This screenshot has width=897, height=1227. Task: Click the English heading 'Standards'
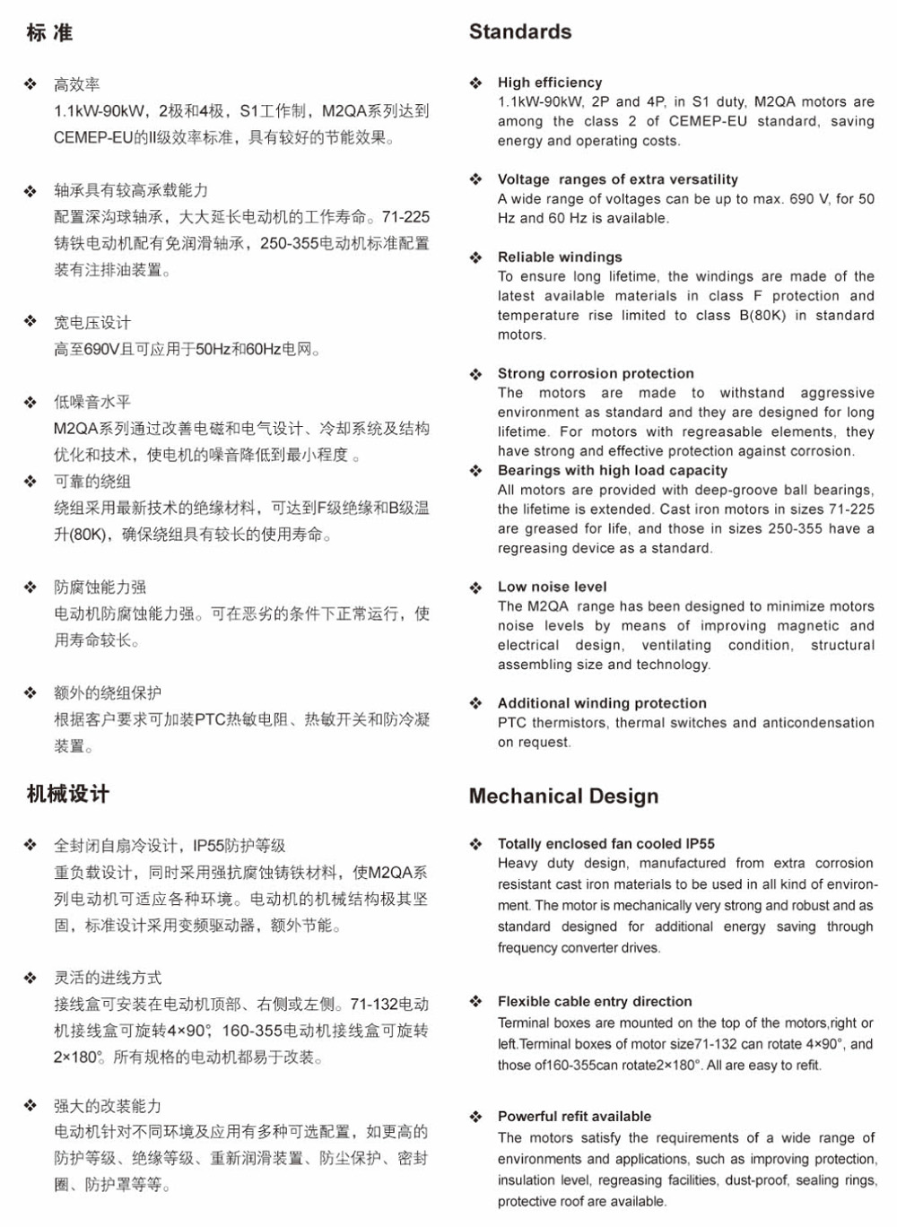(520, 32)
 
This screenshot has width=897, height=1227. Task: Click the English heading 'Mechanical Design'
(563, 796)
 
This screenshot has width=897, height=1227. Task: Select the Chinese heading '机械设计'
(68, 794)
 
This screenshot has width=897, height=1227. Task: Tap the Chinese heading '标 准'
(49, 33)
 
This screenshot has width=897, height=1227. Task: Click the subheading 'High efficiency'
(550, 83)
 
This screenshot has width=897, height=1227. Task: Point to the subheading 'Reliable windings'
(560, 257)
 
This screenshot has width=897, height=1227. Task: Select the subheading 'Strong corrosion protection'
(596, 374)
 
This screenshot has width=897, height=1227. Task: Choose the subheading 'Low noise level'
(553, 587)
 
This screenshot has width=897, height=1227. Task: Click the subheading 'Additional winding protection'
(602, 704)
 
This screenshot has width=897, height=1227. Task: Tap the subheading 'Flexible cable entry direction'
(595, 1002)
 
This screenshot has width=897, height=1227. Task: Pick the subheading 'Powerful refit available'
(574, 1117)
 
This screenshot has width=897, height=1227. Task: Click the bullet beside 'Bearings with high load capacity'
(475, 471)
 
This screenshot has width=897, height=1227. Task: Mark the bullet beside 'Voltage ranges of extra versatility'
(475, 179)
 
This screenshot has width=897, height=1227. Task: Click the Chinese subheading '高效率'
(77, 84)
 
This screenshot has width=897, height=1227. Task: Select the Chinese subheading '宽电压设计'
(92, 323)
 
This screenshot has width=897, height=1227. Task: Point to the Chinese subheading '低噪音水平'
(92, 402)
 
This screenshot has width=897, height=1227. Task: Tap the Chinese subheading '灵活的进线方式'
(108, 978)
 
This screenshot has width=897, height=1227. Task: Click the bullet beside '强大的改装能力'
(30, 1106)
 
